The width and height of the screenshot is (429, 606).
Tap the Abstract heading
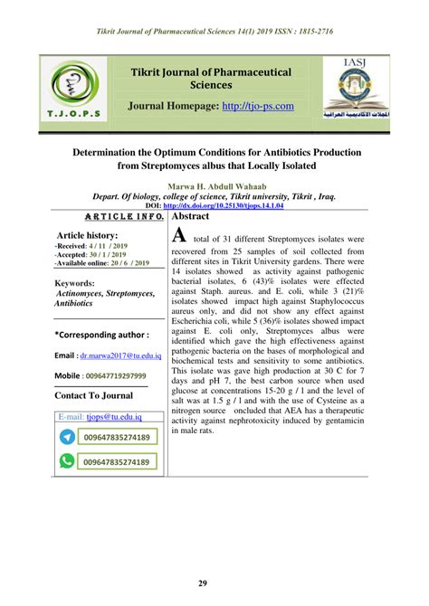coord(190,217)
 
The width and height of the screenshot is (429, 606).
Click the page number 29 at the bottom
coord(214,583)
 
